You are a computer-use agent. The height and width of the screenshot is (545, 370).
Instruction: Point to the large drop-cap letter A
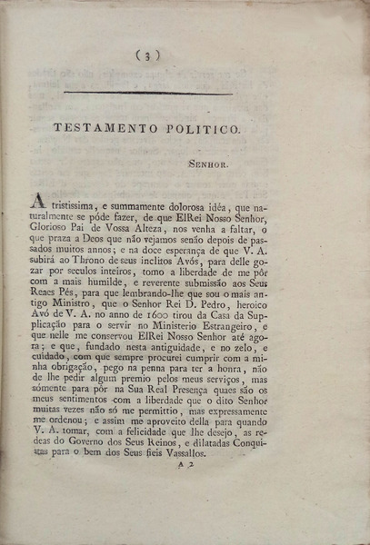pos(38,201)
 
